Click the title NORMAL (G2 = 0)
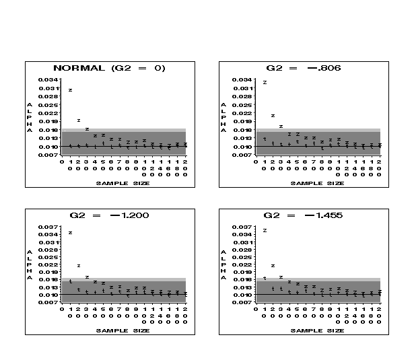(x=109, y=68)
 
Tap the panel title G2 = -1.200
(x=109, y=215)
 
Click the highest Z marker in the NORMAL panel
(x=70, y=90)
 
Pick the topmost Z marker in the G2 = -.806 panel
(x=265, y=82)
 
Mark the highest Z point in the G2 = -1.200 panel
(x=70, y=233)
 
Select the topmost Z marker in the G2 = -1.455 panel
(x=265, y=230)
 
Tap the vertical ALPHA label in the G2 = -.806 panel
(x=223, y=118)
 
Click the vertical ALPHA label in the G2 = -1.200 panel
(x=30, y=265)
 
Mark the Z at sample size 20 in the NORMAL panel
(x=79, y=120)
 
